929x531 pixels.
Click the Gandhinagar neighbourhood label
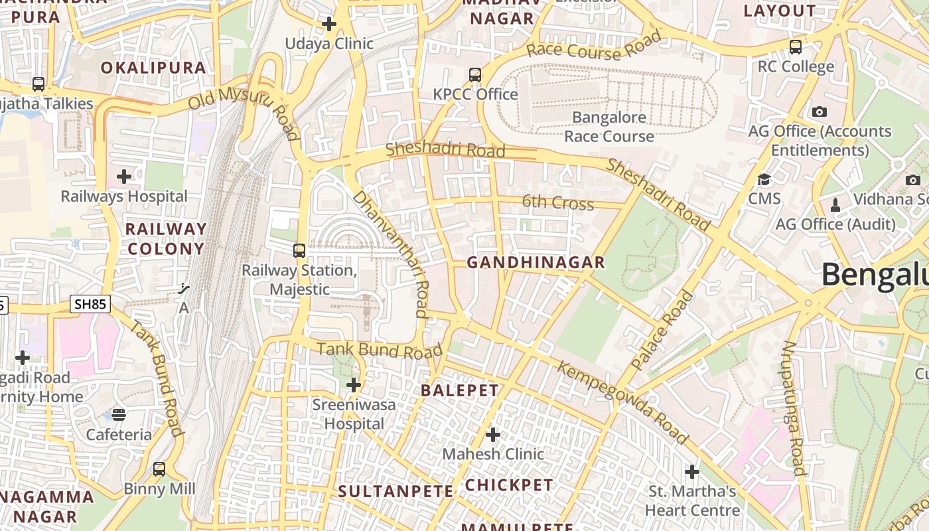(x=536, y=263)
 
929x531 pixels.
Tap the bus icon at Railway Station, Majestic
(x=299, y=251)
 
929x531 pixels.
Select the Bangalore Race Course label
(x=609, y=127)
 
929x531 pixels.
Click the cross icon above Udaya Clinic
(x=329, y=25)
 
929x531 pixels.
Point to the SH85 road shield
(x=90, y=305)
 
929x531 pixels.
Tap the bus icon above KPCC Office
(x=475, y=75)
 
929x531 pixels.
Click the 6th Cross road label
(x=557, y=203)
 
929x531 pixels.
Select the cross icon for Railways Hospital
(x=124, y=177)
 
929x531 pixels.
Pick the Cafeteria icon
(x=119, y=415)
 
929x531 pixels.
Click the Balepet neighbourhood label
(x=460, y=390)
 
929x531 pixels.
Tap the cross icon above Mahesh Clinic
(x=493, y=435)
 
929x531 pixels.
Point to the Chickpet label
(x=509, y=485)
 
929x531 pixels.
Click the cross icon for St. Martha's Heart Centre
(x=692, y=472)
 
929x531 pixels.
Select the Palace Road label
(x=661, y=331)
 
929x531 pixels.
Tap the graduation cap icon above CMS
(x=764, y=179)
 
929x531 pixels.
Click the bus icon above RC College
(x=796, y=47)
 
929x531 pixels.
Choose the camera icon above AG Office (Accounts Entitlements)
(x=820, y=112)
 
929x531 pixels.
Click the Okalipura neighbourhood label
(x=153, y=68)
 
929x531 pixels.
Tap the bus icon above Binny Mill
(x=159, y=469)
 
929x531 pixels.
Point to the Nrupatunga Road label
(x=794, y=408)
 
